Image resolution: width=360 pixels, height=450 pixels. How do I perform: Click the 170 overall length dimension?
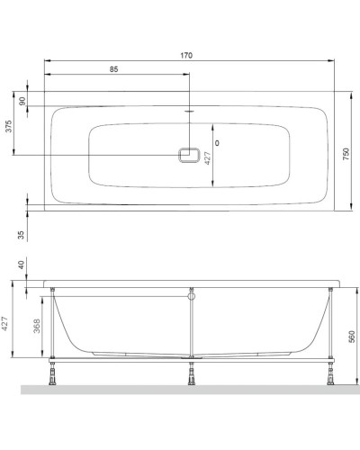(186, 56)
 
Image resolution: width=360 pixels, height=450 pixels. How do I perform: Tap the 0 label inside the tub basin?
(218, 143)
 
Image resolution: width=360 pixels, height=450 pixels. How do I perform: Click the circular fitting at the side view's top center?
(190, 293)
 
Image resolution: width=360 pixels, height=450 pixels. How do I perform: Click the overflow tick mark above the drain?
(190, 112)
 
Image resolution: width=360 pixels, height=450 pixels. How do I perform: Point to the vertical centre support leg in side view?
(190, 328)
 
